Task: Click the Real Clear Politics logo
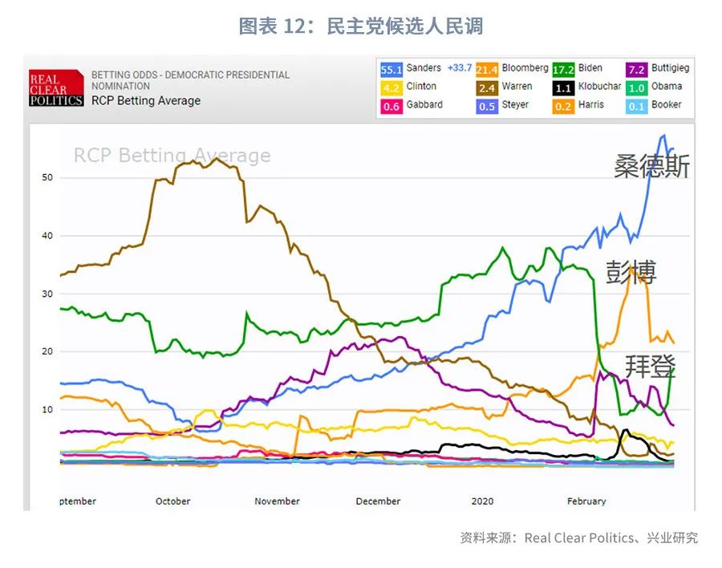(x=56, y=88)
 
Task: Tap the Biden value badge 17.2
(x=563, y=70)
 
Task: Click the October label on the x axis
(x=172, y=501)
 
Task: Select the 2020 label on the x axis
(x=482, y=501)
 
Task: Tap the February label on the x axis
(x=586, y=501)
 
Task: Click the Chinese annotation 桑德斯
(x=651, y=166)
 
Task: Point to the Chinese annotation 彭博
(x=631, y=273)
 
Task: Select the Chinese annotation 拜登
(x=651, y=366)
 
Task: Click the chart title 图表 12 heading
(x=361, y=26)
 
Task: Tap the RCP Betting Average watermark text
(x=172, y=156)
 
